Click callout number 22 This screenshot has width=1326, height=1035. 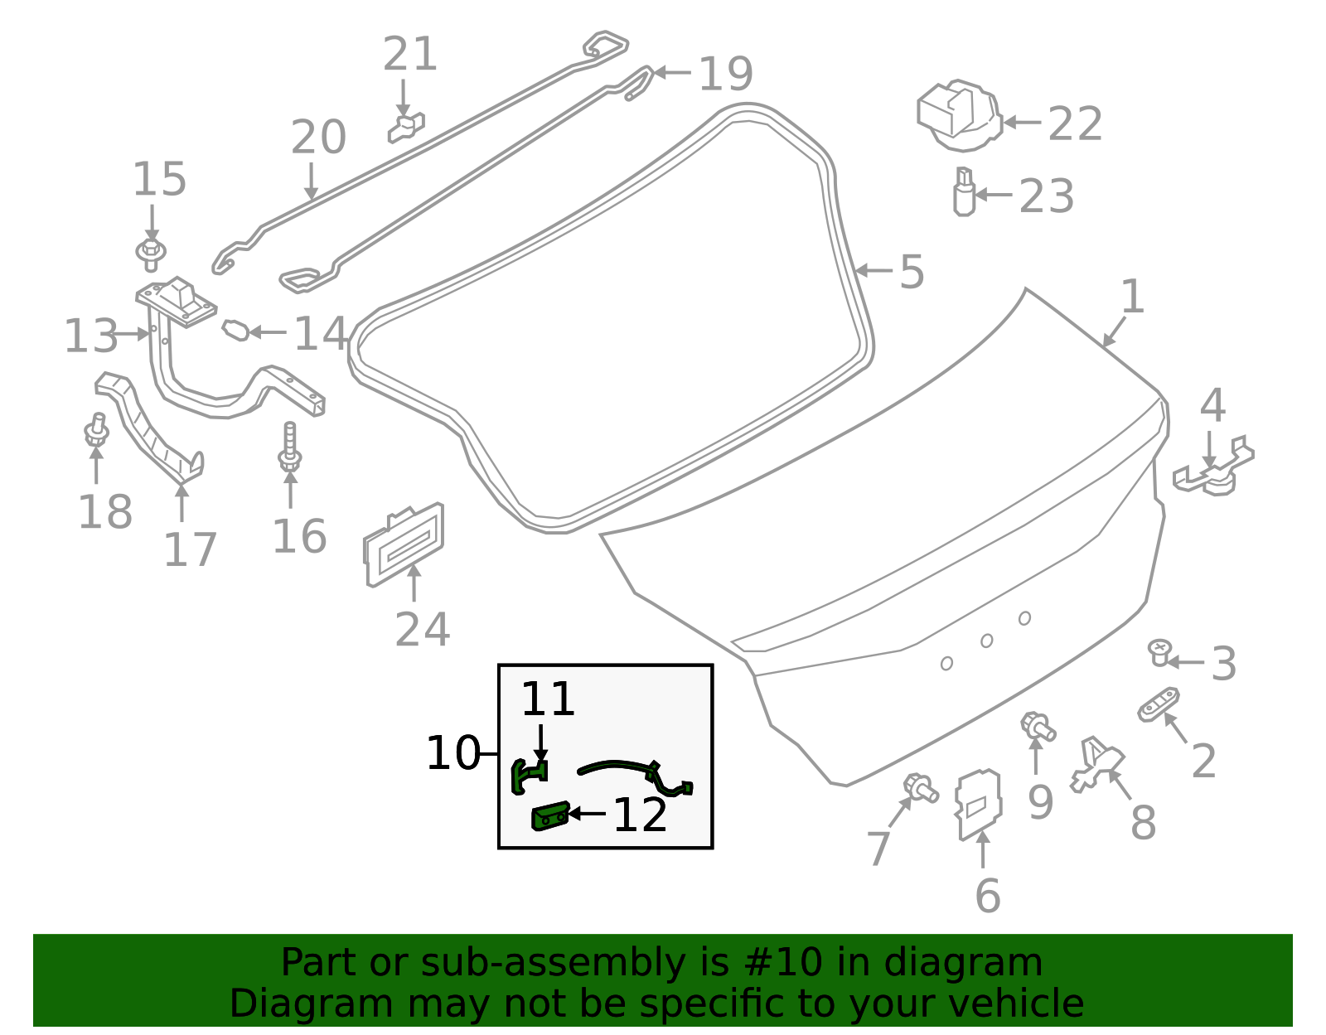click(x=1075, y=124)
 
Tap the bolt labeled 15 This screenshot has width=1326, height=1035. click(x=151, y=253)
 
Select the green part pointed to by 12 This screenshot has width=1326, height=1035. click(x=549, y=816)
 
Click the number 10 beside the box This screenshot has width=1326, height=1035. click(x=452, y=753)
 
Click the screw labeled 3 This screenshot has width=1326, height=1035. click(x=1159, y=653)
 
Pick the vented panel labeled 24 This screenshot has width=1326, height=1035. click(x=404, y=544)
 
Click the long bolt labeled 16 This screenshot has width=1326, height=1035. click(x=289, y=448)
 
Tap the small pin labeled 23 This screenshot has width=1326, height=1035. click(x=963, y=192)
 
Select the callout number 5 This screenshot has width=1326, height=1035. click(x=912, y=272)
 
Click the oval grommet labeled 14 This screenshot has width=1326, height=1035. click(x=235, y=331)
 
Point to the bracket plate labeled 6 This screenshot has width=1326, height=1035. click(x=979, y=804)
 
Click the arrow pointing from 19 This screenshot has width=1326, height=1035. click(x=672, y=73)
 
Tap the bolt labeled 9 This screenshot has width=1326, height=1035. click(x=1038, y=727)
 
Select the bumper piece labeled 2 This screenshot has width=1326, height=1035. click(x=1159, y=705)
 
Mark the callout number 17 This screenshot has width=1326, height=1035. click(x=190, y=549)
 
